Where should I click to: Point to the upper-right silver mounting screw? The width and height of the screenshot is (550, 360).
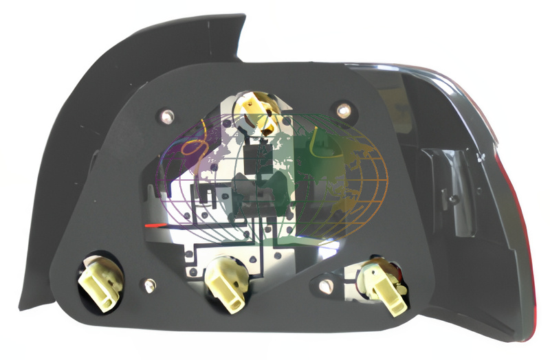[343, 108]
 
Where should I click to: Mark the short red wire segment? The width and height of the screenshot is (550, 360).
[156, 225]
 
